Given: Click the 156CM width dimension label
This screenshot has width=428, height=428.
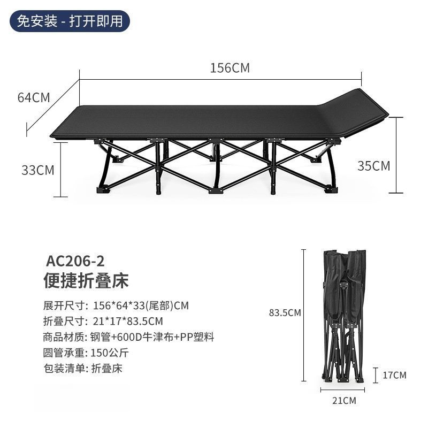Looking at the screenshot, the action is tap(230, 68).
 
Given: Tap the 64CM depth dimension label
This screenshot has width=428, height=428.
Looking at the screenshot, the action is tap(34, 98).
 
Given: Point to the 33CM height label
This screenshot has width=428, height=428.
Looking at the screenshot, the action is tap(38, 170).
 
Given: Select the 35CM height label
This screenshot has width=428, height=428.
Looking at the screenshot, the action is tap(373, 166).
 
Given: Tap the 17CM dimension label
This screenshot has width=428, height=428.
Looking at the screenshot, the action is tap(394, 375).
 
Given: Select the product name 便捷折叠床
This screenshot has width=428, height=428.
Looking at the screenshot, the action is tap(86, 281).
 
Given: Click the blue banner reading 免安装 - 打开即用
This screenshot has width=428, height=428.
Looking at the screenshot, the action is tap(70, 22).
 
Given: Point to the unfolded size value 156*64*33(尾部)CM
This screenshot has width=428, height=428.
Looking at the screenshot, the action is tap(141, 305).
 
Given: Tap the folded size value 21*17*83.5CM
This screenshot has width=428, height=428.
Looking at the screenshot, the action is tap(127, 321).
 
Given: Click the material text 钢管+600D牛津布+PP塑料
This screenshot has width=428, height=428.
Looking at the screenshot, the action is tap(152, 337).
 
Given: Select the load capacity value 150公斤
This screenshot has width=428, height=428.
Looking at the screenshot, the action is tap(111, 353).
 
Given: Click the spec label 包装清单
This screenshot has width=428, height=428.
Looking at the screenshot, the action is tap(64, 368).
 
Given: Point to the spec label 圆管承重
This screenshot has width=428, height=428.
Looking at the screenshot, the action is tap(64, 353).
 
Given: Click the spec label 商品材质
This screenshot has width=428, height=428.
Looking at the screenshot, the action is tap(64, 337).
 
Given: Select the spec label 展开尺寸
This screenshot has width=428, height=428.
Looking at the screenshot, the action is tap(64, 305).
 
